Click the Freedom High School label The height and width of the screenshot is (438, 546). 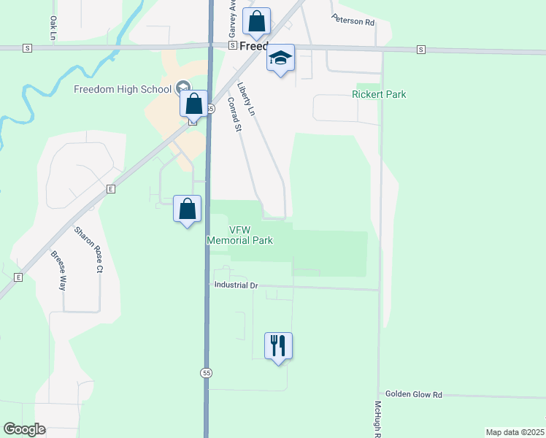click(x=123, y=89)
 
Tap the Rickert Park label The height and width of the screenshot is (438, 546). click(x=379, y=94)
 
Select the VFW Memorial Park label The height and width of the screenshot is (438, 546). click(x=240, y=234)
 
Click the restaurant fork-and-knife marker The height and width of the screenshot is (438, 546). click(x=278, y=345)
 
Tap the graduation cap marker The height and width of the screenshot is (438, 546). click(x=280, y=57)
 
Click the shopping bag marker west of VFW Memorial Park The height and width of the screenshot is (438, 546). click(x=188, y=208)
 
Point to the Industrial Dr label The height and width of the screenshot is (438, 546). click(x=237, y=285)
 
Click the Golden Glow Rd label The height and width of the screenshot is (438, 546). click(x=414, y=394)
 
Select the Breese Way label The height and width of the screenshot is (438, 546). click(x=58, y=271)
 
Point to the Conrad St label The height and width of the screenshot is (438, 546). click(x=234, y=115)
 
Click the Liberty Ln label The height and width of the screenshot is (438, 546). click(x=246, y=99)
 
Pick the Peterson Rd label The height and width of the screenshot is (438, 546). click(x=353, y=20)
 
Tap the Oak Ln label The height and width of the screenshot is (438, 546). click(x=53, y=27)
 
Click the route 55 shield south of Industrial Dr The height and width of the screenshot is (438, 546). click(x=207, y=372)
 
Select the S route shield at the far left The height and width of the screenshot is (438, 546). click(x=27, y=48)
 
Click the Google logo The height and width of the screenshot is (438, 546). click(x=24, y=429)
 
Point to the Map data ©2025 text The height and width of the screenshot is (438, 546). click(x=515, y=432)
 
